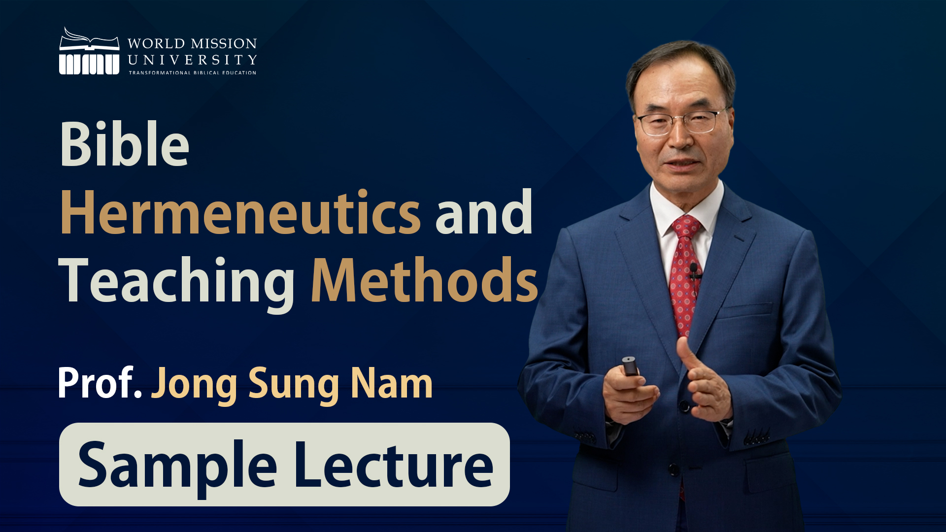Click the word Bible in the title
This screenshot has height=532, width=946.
point(124,144)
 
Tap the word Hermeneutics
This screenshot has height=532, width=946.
point(240,213)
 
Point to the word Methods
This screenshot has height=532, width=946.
point(424,280)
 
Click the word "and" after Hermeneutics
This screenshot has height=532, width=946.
point(484,213)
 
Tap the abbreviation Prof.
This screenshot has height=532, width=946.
point(100,383)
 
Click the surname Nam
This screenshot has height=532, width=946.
point(392,383)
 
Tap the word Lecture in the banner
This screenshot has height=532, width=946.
point(394,465)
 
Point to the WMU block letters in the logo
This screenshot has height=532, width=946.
point(89,64)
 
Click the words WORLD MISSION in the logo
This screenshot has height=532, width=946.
point(192,43)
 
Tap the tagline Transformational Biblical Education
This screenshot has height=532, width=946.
point(193,73)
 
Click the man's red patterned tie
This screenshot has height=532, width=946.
point(685,276)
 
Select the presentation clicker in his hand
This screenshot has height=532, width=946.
point(630,366)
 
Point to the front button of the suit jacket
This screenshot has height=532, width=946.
point(684,406)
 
